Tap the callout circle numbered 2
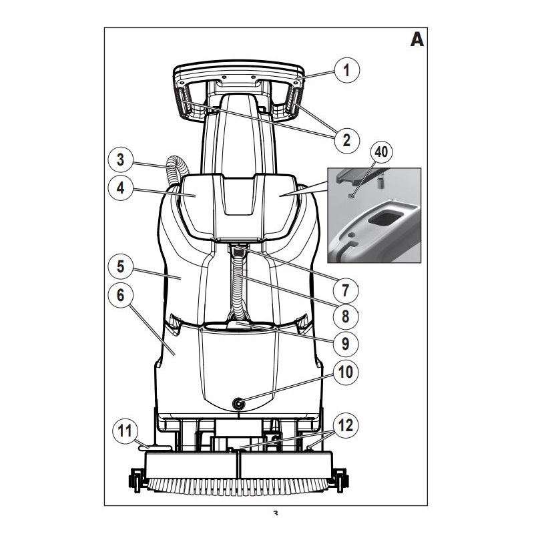point(346,140)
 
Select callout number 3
point(121,161)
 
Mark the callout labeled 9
point(346,343)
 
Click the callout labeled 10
point(346,371)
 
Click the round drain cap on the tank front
point(238,403)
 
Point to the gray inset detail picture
point(374,214)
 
